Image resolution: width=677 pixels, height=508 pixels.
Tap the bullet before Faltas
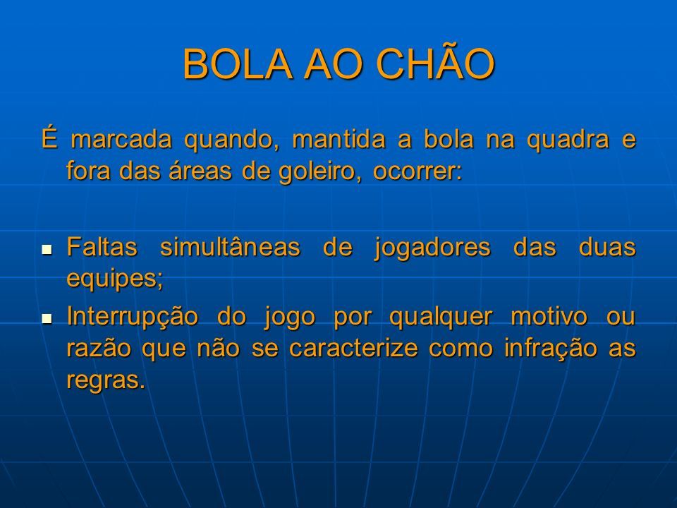(x=47, y=249)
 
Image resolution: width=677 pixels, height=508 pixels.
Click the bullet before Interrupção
(x=47, y=319)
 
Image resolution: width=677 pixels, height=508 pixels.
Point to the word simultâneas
(x=230, y=247)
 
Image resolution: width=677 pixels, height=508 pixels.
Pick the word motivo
(x=549, y=316)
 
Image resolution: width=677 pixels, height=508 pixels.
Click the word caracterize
(x=353, y=349)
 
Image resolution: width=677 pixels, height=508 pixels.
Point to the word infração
(x=551, y=349)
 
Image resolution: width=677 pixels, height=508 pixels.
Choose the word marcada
(x=121, y=140)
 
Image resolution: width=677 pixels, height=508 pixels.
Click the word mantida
(x=339, y=140)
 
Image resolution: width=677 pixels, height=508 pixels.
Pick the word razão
(x=99, y=349)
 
